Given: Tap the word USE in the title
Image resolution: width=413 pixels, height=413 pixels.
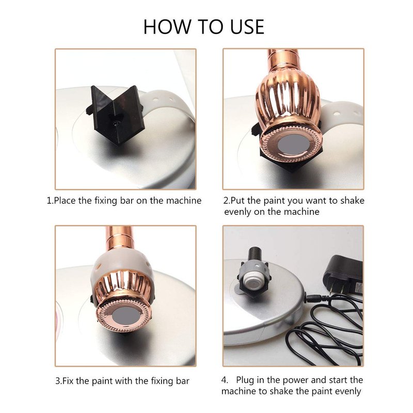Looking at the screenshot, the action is (247, 27).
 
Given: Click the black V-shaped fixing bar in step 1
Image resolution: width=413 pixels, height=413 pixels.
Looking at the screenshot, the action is (116, 114).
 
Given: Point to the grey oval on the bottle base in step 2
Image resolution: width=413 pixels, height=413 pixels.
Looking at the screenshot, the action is (292, 146).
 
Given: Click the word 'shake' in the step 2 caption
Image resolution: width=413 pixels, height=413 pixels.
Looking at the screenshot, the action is (353, 200).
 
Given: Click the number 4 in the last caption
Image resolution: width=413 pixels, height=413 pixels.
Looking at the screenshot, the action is (225, 380).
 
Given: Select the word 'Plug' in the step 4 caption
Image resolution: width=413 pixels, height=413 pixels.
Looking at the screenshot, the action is (245, 380).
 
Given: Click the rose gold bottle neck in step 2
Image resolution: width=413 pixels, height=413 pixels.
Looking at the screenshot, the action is (282, 58).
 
